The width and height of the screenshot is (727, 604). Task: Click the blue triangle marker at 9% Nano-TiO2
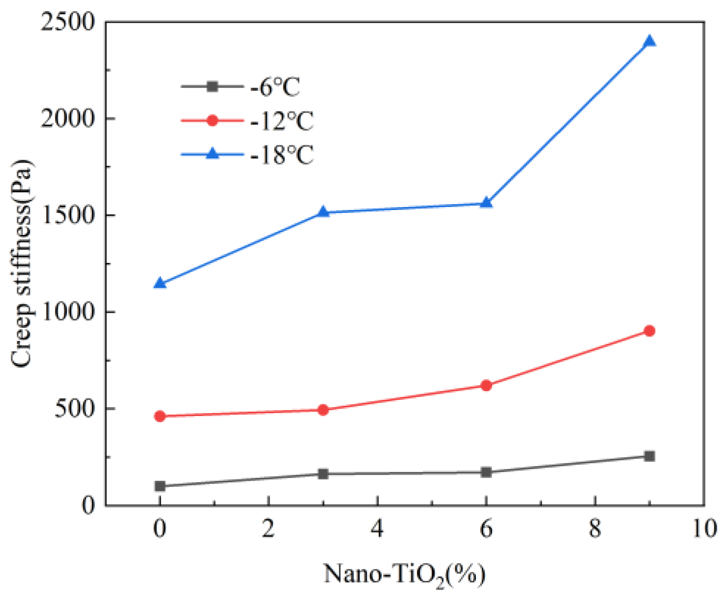point(649,41)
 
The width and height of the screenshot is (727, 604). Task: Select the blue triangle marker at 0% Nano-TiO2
point(160,283)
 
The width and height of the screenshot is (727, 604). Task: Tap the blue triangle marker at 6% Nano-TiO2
point(486,202)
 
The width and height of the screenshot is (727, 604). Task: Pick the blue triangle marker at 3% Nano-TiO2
point(323,211)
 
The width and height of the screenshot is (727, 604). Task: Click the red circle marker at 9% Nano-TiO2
point(649,331)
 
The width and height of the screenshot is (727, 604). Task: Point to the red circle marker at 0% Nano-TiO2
point(160,416)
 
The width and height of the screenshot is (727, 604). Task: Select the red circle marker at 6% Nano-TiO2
point(486,386)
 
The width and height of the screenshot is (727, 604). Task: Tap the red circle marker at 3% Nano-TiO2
point(323,410)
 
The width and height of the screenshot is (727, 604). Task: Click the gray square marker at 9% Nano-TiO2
point(649,456)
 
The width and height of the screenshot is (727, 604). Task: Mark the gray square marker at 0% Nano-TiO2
point(160,486)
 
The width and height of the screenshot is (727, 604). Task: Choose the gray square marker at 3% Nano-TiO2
point(323,474)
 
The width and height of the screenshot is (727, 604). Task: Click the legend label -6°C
point(275,88)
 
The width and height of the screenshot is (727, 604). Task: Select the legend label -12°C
point(281,121)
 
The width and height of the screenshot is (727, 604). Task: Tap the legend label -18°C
point(281,155)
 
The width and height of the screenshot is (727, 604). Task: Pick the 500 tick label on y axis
point(74,409)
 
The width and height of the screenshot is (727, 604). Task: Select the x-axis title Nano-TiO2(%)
point(404,574)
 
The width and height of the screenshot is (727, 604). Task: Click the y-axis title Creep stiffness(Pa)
point(23,263)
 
